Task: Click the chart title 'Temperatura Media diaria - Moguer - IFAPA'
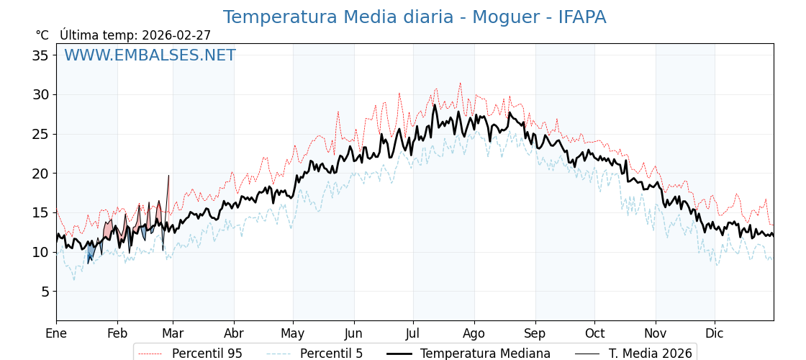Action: tap(414, 17)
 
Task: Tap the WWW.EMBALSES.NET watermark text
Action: tap(150, 55)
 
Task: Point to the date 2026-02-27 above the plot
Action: tap(176, 35)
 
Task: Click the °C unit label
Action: tap(42, 35)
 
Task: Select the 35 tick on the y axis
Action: tap(40, 55)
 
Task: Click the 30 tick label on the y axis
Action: tap(40, 94)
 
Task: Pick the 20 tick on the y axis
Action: tap(40, 174)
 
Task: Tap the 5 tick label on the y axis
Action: tap(45, 292)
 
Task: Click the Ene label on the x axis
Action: tap(56, 334)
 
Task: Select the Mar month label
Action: tap(173, 334)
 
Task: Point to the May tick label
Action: tap(293, 334)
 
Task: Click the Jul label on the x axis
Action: tap(413, 334)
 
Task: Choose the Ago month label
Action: tap(474, 334)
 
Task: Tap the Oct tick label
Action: tap(594, 334)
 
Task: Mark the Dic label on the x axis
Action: tap(715, 334)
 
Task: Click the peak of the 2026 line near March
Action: tap(169, 175)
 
